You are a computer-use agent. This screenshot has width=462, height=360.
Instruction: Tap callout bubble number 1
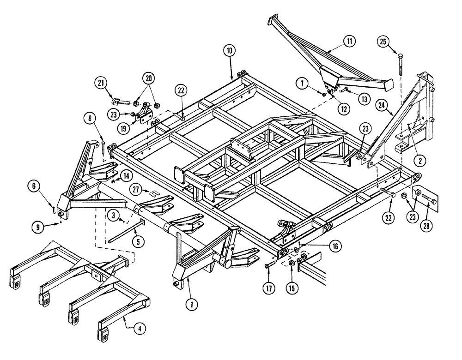click(x=189, y=304)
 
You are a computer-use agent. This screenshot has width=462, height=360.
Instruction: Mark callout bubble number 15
click(x=292, y=288)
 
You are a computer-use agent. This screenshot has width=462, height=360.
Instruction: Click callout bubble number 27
click(x=135, y=189)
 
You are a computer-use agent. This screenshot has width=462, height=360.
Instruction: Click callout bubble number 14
click(x=126, y=176)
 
